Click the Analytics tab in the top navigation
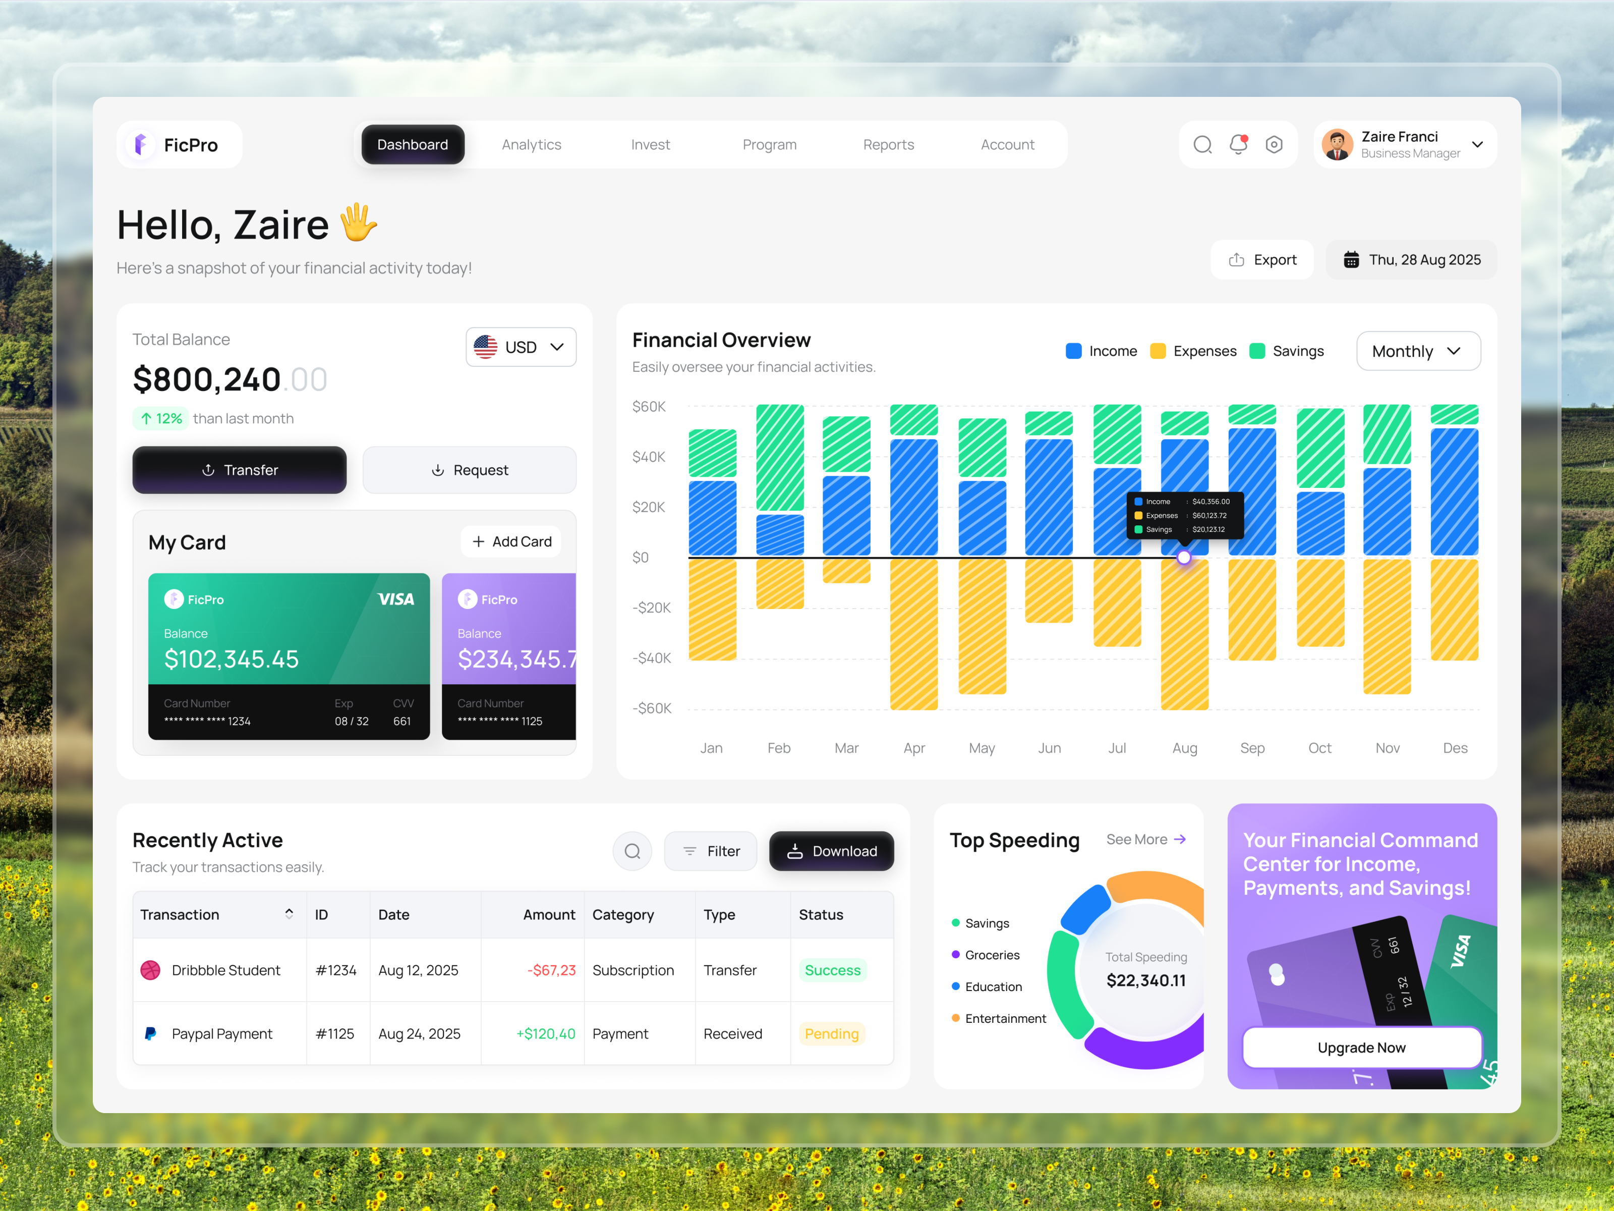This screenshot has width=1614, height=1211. [531, 144]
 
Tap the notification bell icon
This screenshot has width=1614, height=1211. [1238, 144]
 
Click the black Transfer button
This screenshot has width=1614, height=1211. [240, 470]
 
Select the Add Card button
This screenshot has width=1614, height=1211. [511, 541]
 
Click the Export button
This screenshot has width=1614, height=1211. [1262, 260]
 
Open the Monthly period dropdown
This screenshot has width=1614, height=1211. [1418, 351]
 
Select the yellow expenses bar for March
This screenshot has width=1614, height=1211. [846, 571]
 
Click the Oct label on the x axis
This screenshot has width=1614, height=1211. [1319, 747]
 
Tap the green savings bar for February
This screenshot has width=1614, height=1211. [779, 458]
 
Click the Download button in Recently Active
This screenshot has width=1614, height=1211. [831, 851]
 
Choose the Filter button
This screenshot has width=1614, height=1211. [711, 851]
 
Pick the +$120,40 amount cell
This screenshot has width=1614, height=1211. [545, 1033]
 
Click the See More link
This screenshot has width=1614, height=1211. [1145, 840]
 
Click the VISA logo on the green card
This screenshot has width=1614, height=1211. [395, 599]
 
